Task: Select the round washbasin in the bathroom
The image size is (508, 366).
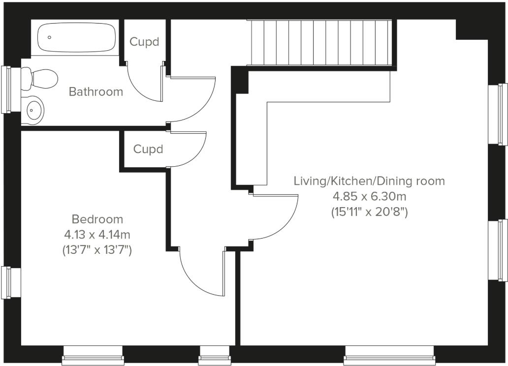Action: coord(33,110)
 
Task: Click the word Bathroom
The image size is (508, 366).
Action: coord(95,91)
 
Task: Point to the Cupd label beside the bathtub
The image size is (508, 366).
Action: coord(144,42)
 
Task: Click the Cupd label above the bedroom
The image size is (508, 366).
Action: coord(148,149)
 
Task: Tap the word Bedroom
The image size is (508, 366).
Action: coord(97,219)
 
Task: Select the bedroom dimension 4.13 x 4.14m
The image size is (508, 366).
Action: coord(97,235)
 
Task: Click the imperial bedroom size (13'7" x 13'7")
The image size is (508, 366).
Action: coord(97,250)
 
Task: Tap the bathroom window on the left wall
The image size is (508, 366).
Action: coord(7,90)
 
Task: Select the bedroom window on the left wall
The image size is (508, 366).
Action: coord(7,282)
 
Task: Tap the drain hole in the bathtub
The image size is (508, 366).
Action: coord(49,37)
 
